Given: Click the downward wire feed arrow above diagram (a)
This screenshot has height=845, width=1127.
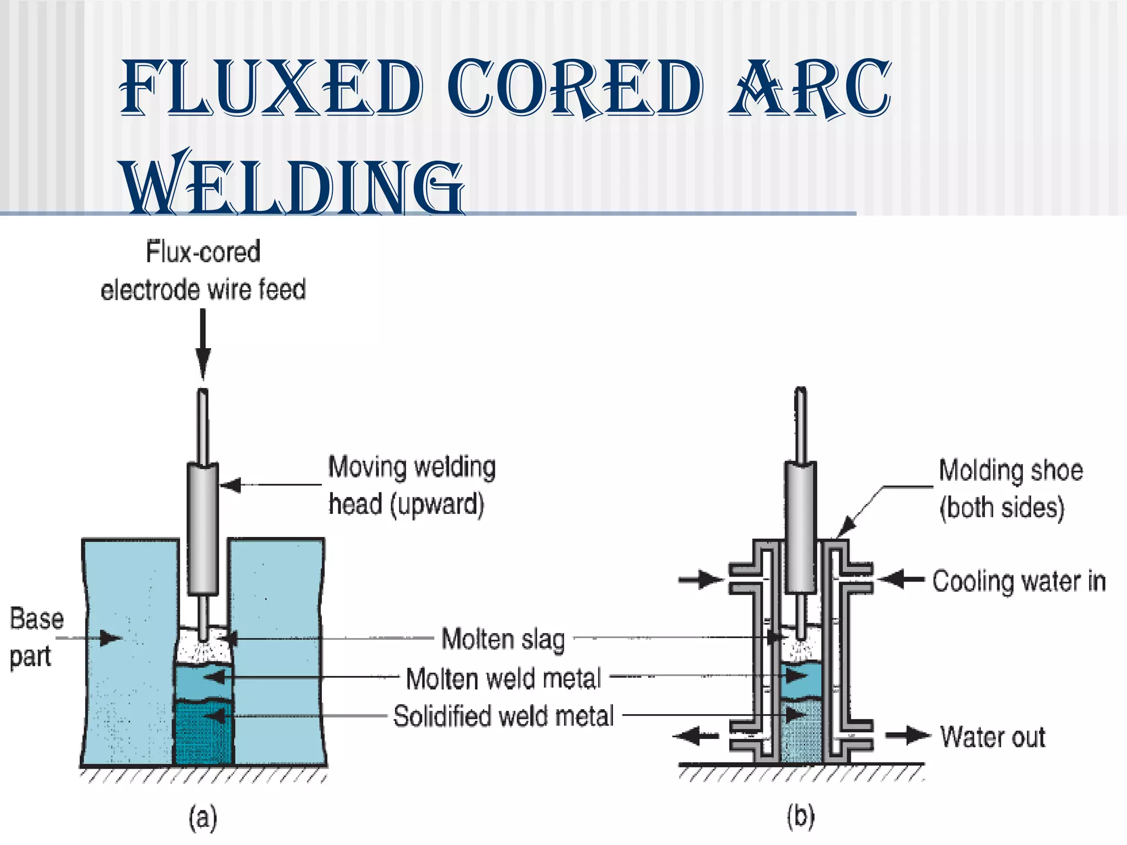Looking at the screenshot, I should (x=203, y=344).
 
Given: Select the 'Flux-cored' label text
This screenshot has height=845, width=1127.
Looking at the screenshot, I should (x=203, y=252).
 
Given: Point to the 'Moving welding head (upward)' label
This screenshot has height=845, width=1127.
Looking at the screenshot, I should (x=412, y=485).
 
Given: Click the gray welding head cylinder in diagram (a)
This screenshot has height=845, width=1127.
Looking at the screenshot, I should (x=203, y=528).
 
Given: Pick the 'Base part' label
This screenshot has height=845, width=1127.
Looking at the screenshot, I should (x=36, y=637).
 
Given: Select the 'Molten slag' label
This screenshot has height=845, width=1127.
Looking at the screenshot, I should (x=503, y=639).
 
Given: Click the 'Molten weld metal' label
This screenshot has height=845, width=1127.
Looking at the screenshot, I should (x=503, y=678).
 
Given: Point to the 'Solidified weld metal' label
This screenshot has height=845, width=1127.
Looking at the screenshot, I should (x=503, y=716).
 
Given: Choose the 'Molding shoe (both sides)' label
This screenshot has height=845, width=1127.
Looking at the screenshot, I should (x=1010, y=489).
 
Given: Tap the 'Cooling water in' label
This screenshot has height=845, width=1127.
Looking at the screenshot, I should (x=1019, y=581).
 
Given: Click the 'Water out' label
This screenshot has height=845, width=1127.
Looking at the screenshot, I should (x=992, y=737).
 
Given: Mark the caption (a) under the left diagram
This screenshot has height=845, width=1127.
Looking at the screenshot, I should (x=203, y=817).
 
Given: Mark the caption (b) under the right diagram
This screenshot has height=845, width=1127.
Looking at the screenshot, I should (x=800, y=817).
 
